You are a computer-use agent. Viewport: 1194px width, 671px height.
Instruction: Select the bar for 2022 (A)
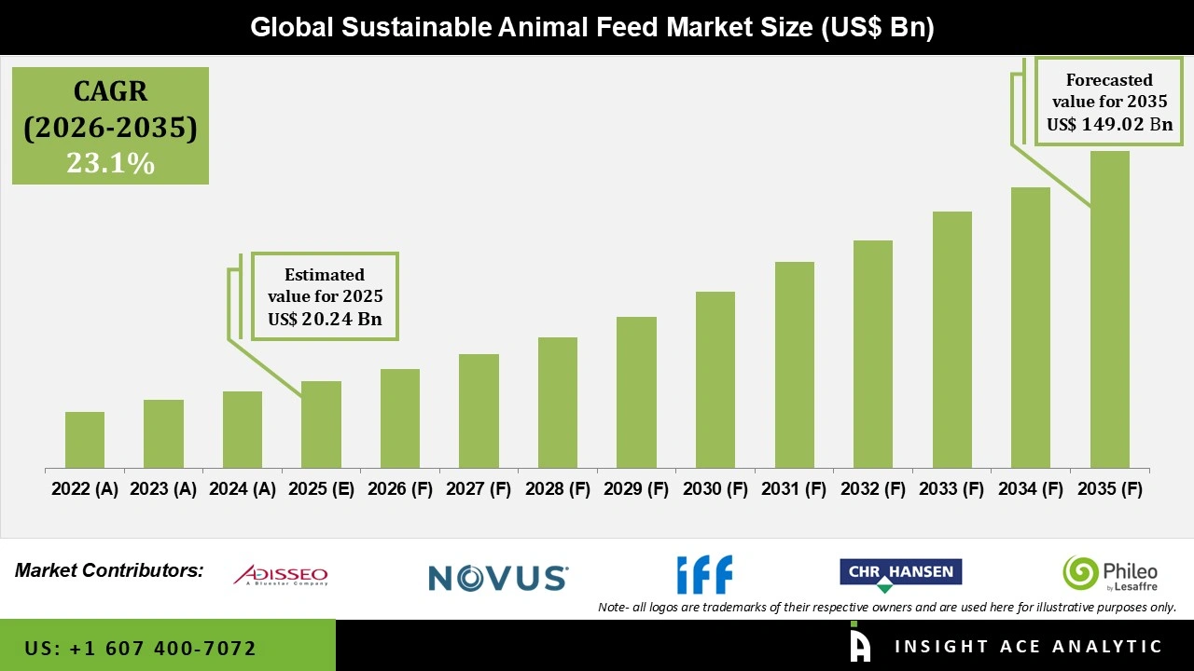click(x=85, y=440)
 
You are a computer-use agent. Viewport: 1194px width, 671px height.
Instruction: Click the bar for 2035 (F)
click(x=1109, y=309)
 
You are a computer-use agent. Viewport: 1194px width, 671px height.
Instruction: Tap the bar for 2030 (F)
click(x=715, y=379)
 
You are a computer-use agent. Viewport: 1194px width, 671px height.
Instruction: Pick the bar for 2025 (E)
click(x=321, y=424)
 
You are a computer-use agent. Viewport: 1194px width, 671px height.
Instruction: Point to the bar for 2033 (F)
click(x=951, y=339)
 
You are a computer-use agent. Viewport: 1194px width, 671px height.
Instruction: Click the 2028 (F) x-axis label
click(x=558, y=489)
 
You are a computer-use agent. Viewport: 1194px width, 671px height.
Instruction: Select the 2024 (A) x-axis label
click(x=243, y=489)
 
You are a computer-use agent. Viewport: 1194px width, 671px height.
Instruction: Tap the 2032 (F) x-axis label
click(x=873, y=489)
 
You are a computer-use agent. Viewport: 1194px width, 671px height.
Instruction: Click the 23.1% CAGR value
click(x=110, y=164)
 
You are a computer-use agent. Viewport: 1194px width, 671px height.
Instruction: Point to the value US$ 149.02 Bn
click(x=1109, y=124)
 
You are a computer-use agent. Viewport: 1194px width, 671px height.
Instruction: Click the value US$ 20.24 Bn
click(x=326, y=319)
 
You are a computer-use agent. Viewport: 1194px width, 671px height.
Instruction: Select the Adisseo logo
click(x=281, y=575)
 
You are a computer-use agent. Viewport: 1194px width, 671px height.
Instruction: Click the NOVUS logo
click(x=498, y=578)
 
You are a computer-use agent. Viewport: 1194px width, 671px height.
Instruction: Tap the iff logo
click(x=704, y=574)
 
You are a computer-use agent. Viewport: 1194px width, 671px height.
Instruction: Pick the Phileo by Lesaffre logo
click(x=1110, y=574)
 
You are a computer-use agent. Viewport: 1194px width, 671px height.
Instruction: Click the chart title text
click(x=592, y=28)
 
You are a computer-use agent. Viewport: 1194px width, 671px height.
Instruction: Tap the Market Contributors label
click(x=109, y=569)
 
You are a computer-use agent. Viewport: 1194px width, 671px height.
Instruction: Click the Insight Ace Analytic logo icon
click(x=860, y=645)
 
